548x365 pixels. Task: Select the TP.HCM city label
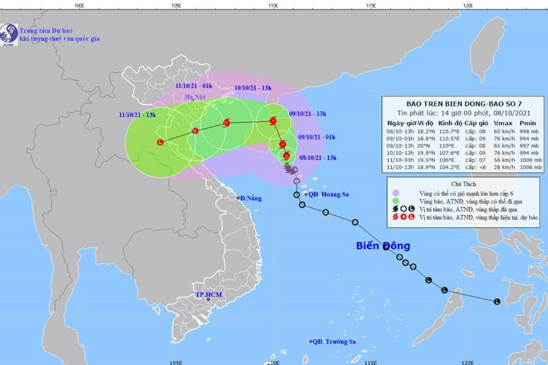209,295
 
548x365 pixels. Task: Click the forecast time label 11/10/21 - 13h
137,115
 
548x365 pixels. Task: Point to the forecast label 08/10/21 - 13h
317,158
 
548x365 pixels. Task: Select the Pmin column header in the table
528,123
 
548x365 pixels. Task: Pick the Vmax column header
502,123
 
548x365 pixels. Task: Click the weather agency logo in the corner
9,34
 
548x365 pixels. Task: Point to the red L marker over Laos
161,142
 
